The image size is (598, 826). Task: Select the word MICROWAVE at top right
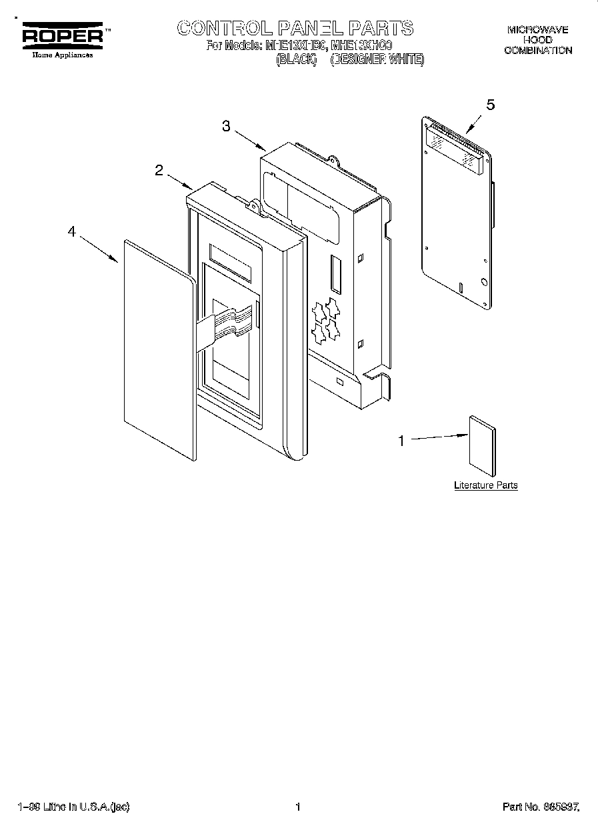537,30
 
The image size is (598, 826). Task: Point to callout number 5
491,105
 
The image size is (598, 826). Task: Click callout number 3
227,127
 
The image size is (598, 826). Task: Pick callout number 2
159,170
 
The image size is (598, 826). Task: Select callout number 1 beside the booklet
401,440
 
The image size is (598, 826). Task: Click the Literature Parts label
485,485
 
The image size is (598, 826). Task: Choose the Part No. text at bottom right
540,807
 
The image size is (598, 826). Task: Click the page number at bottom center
298,807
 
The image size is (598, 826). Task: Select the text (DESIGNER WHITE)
377,59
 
